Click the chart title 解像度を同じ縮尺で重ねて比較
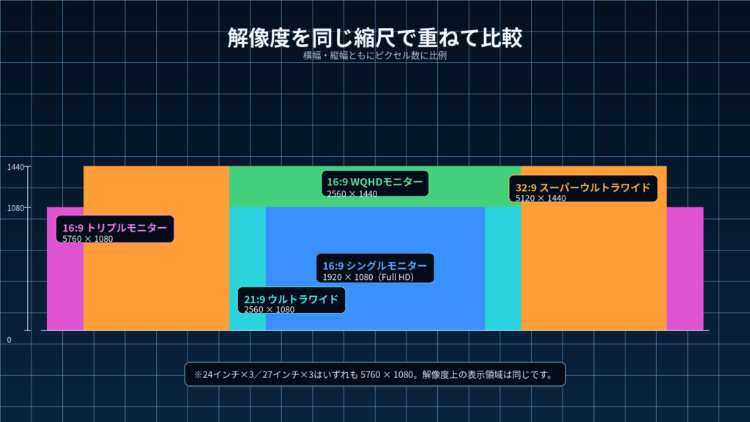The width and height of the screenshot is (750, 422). point(374,38)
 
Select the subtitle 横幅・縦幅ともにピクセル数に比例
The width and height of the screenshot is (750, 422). point(374,56)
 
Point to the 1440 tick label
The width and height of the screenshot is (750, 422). point(15,167)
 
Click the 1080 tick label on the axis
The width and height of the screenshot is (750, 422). point(15,208)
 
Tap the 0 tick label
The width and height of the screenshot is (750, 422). point(9,340)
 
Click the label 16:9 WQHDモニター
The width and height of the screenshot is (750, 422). point(375,182)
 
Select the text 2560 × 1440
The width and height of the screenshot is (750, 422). point(352,193)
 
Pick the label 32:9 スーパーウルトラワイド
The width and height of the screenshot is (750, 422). point(582,188)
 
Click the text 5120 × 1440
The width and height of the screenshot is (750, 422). point(541,198)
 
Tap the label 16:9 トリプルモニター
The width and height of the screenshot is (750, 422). point(115,228)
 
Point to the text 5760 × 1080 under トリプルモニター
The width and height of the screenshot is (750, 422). point(88,239)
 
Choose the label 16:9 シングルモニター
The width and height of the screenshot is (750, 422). point(375,265)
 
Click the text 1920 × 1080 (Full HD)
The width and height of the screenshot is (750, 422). point(368,277)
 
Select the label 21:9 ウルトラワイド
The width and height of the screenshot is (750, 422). point(292,299)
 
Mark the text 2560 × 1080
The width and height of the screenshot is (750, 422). point(270,310)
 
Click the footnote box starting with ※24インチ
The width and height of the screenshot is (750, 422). point(375,374)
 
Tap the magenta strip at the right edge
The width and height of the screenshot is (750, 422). point(685,269)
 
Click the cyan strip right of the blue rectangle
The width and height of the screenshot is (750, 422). point(502,269)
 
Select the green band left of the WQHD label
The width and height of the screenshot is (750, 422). point(275,187)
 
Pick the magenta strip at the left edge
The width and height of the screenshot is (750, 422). point(65,287)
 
